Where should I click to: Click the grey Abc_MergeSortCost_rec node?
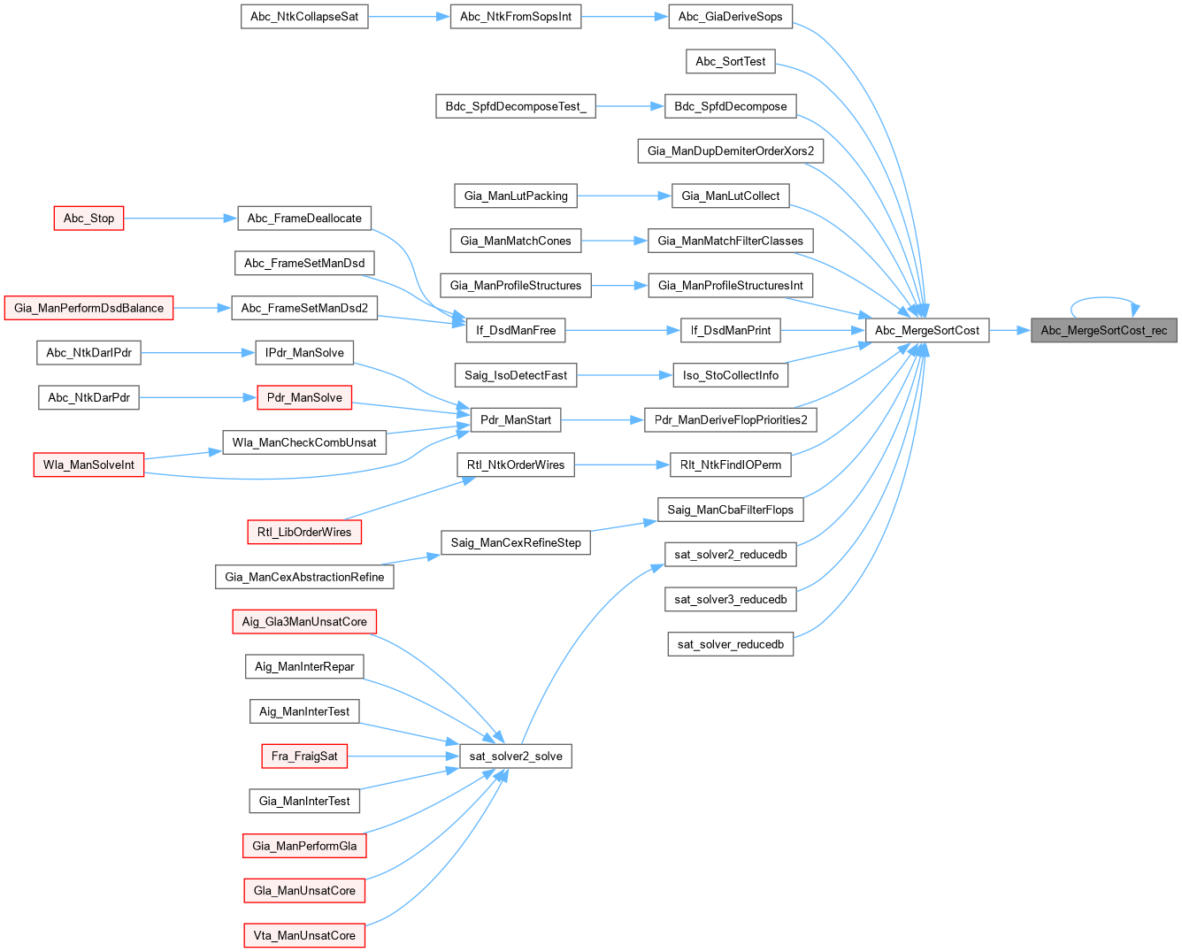pos(1103,331)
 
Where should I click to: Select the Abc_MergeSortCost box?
pos(926,331)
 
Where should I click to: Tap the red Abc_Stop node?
pos(88,219)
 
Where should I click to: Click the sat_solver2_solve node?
pos(516,756)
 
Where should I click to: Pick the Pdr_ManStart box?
pos(516,420)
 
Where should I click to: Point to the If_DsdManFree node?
pos(516,331)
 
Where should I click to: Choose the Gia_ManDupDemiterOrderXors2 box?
pos(730,151)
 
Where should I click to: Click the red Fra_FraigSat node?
pos(304,756)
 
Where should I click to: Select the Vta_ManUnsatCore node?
pos(304,936)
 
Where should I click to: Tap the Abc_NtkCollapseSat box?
pos(304,17)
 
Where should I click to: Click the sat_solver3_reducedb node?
pos(730,600)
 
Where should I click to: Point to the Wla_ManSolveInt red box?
pos(88,464)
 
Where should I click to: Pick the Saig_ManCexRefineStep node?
pos(516,543)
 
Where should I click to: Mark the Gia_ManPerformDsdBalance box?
pos(88,308)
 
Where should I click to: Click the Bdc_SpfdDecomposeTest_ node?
pos(516,106)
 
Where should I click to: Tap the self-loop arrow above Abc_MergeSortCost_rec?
pos(1102,299)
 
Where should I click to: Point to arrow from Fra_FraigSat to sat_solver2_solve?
pos(403,756)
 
